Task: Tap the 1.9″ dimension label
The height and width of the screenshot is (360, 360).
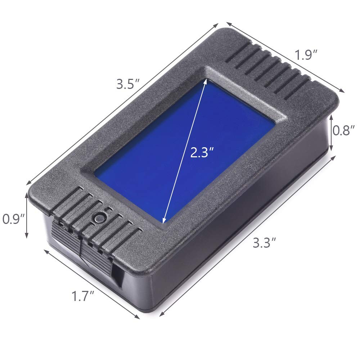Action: (x=306, y=55)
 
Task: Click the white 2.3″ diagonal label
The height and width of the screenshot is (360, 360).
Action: (x=204, y=153)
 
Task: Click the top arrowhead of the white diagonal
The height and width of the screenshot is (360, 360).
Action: (x=206, y=81)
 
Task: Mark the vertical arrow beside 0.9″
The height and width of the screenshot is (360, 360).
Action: (x=27, y=215)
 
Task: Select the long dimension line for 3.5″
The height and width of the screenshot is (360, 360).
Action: (x=122, y=104)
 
